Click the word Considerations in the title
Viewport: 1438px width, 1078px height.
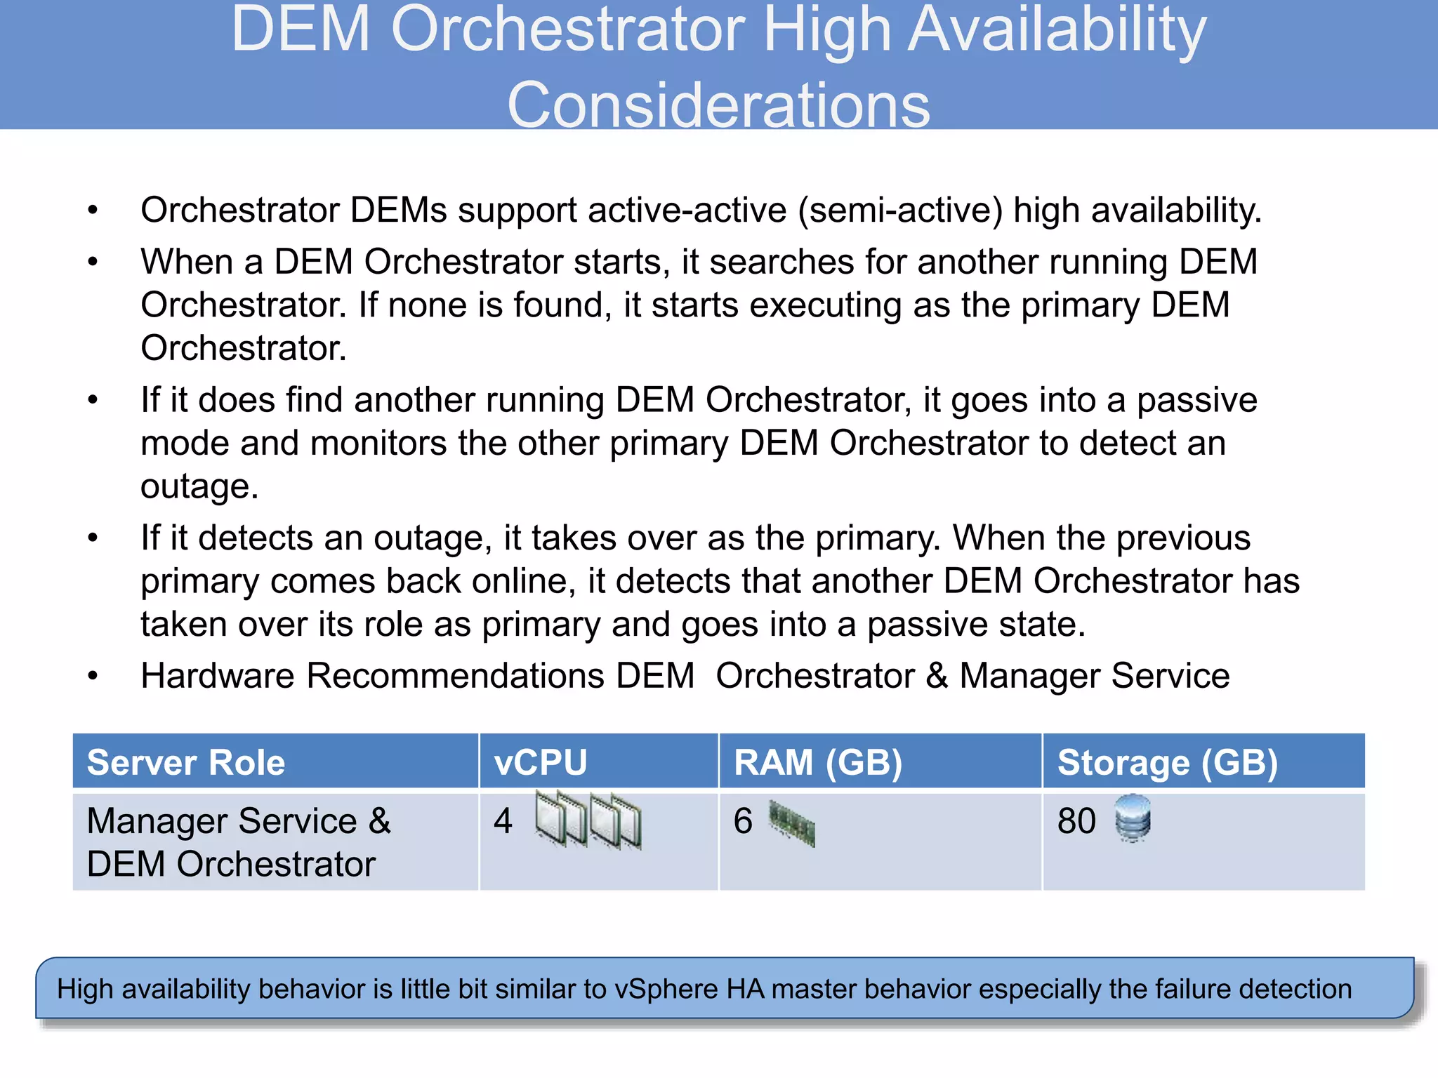tap(718, 105)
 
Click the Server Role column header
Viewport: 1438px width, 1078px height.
tap(186, 763)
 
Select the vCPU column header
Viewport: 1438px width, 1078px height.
tap(541, 763)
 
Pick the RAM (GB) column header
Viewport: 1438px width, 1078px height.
tap(818, 763)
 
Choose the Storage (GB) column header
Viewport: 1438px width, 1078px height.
tap(1167, 763)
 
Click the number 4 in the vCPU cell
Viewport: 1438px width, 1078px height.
tap(503, 821)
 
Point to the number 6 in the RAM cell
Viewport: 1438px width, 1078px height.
tap(743, 821)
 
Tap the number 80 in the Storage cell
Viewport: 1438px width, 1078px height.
tap(1076, 821)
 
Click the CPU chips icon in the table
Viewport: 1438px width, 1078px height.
tap(588, 819)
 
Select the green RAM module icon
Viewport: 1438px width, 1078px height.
tap(792, 823)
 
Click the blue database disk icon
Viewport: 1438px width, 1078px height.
tap(1133, 818)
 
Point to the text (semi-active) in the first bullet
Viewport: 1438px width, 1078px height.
tap(901, 211)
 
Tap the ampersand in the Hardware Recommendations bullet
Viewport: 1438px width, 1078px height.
tap(937, 677)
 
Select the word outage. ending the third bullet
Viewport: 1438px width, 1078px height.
tap(199, 486)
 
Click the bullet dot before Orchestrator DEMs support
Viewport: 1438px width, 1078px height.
tap(93, 211)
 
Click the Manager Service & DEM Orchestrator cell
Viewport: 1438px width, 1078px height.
tap(239, 842)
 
